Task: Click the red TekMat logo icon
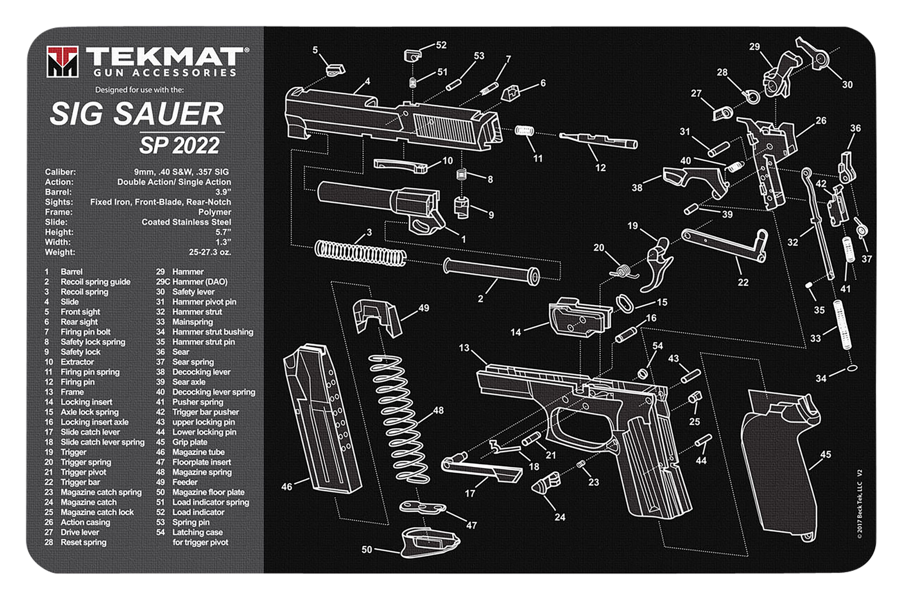click(x=62, y=61)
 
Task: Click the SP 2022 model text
click(x=179, y=145)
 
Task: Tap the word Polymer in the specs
click(x=214, y=212)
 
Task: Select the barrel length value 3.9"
click(x=223, y=192)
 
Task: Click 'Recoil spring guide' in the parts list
click(x=95, y=282)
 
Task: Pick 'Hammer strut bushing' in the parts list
click(x=212, y=332)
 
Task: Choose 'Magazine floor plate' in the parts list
click(x=208, y=492)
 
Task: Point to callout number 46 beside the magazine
click(x=287, y=487)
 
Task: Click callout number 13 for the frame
click(x=464, y=348)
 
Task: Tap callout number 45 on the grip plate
click(x=825, y=454)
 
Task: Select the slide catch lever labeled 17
click(x=482, y=470)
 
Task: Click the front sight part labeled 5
click(x=335, y=70)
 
